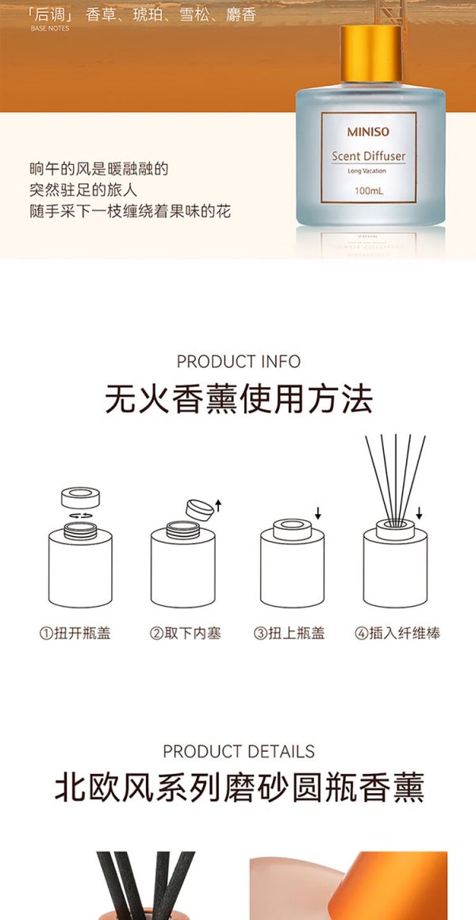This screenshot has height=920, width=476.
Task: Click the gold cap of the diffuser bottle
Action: [x=371, y=54]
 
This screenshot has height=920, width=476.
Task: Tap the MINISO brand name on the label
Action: [x=368, y=132]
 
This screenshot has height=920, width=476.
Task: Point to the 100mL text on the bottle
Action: [x=368, y=190]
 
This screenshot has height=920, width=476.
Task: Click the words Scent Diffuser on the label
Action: [x=369, y=156]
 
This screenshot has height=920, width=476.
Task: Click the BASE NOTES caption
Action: [x=50, y=29]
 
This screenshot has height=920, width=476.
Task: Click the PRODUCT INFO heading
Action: [x=238, y=362]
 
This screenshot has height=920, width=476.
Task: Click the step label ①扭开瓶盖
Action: [x=75, y=633]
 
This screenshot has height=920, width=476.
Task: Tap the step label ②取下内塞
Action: [x=185, y=633]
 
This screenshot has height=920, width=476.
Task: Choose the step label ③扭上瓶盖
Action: [x=290, y=633]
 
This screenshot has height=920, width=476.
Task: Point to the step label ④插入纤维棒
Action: [x=397, y=633]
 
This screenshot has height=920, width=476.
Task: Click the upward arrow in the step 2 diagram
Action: [x=218, y=505]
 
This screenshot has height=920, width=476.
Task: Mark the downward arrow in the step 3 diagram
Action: [x=317, y=514]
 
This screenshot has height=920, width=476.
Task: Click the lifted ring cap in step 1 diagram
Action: [x=80, y=496]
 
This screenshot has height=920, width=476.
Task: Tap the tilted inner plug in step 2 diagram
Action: [x=200, y=508]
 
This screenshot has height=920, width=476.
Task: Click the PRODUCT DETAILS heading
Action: [x=238, y=752]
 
